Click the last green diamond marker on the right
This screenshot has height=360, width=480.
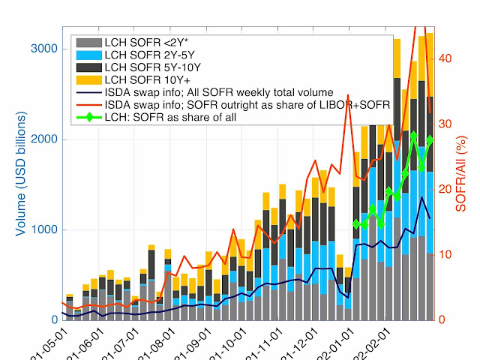coord(430,140)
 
